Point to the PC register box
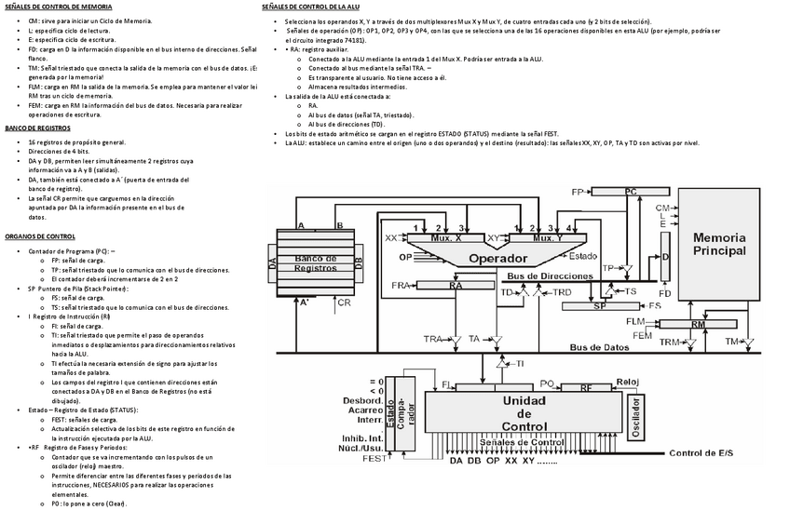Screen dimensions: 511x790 pyautogui.click(x=630, y=191)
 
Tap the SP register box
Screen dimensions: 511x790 pyautogui.click(x=600, y=305)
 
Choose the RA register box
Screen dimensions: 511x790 pyautogui.click(x=456, y=286)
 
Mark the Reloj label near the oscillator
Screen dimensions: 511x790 pyautogui.click(x=626, y=382)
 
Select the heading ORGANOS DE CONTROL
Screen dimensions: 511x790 pyautogui.click(x=40, y=236)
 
